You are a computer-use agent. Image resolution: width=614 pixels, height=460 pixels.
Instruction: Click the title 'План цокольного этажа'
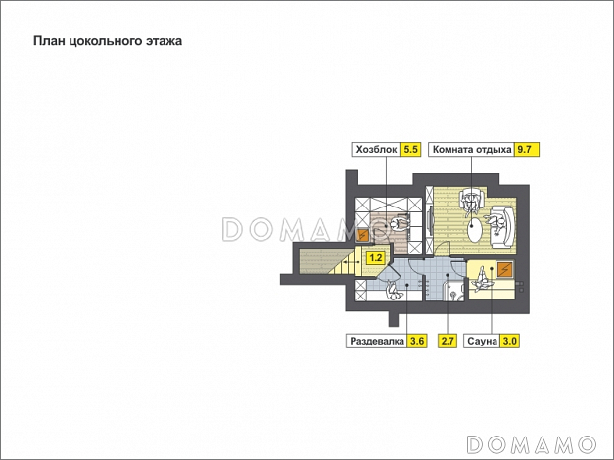pos(108,41)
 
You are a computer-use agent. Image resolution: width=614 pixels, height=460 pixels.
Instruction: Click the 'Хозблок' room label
pos(376,150)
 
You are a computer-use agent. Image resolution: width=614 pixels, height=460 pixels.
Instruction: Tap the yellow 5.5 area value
pos(410,150)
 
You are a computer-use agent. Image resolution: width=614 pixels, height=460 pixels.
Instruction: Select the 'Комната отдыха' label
pos(472,150)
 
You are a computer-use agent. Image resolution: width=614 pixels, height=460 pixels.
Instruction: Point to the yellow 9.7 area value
pos(524,150)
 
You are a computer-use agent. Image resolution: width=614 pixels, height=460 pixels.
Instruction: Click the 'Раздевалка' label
pos(377,341)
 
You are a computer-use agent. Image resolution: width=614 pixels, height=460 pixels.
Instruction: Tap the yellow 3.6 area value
pos(417,341)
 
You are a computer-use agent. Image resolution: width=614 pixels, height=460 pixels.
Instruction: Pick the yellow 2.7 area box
pos(448,341)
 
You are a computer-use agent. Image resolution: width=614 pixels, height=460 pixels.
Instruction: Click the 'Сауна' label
pos(482,341)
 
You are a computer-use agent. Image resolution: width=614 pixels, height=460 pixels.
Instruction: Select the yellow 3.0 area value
pos(510,341)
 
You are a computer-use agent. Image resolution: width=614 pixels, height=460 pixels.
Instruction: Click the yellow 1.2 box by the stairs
pos(375,258)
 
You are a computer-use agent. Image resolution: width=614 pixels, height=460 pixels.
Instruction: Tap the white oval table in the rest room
pos(476,231)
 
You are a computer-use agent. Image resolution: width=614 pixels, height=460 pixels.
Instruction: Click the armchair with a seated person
pos(472,200)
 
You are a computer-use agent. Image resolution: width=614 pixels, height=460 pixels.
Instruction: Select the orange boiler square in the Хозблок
pos(362,235)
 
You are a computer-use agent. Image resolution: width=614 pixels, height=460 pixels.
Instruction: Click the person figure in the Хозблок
pos(399,225)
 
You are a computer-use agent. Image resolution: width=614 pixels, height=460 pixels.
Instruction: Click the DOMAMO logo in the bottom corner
pos(532,445)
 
